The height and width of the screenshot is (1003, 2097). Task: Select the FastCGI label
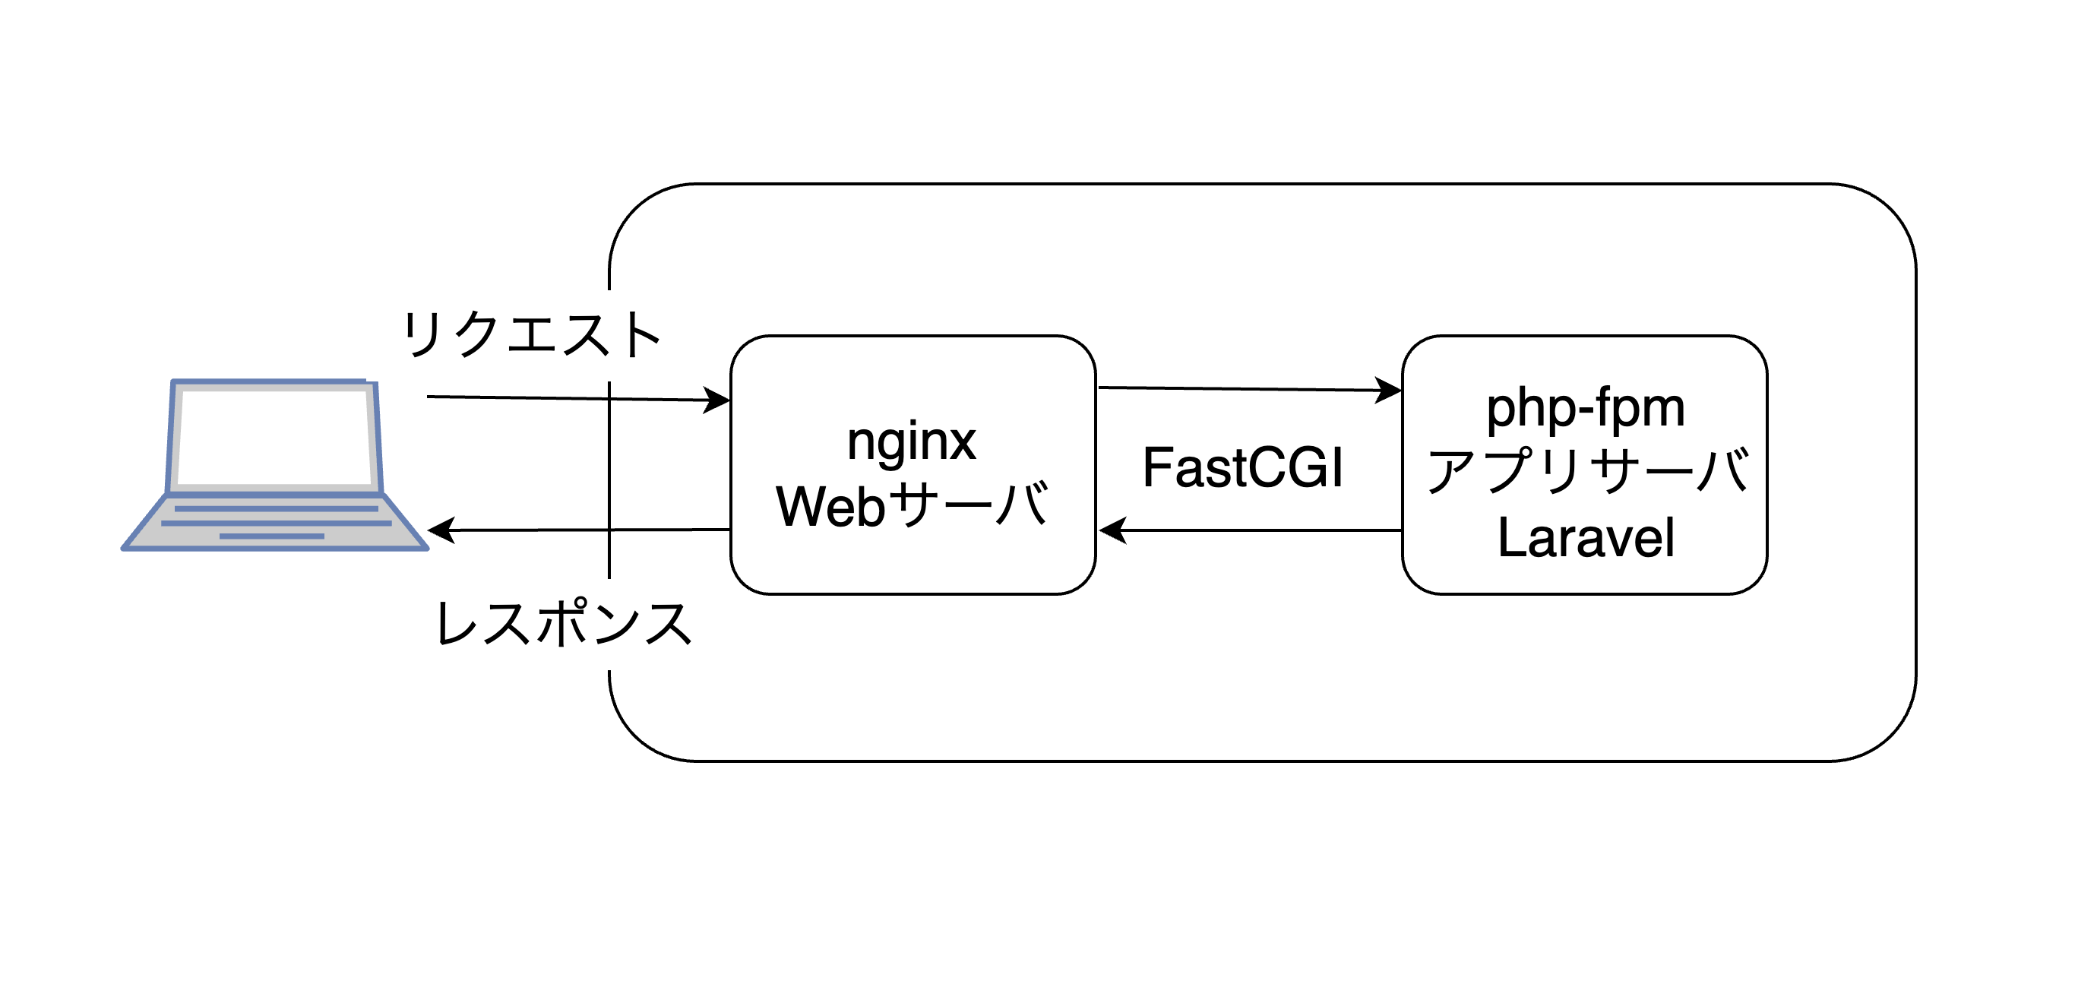click(x=1243, y=468)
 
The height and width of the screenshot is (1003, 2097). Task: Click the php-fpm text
click(x=1585, y=409)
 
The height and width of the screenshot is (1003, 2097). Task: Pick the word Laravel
click(x=1586, y=538)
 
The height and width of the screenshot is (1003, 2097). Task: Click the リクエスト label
click(x=531, y=334)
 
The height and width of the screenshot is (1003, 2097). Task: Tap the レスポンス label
click(x=563, y=624)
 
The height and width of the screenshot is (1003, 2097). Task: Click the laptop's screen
click(x=275, y=437)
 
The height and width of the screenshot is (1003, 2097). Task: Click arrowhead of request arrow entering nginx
click(x=718, y=400)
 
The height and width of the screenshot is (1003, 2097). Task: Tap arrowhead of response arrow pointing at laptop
click(x=441, y=531)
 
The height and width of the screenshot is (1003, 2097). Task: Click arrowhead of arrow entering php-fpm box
click(x=1389, y=391)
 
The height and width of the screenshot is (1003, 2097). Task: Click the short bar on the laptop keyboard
click(x=272, y=536)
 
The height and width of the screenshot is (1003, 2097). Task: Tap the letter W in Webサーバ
click(x=801, y=506)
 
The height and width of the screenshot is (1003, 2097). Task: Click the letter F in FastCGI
click(x=1156, y=468)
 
